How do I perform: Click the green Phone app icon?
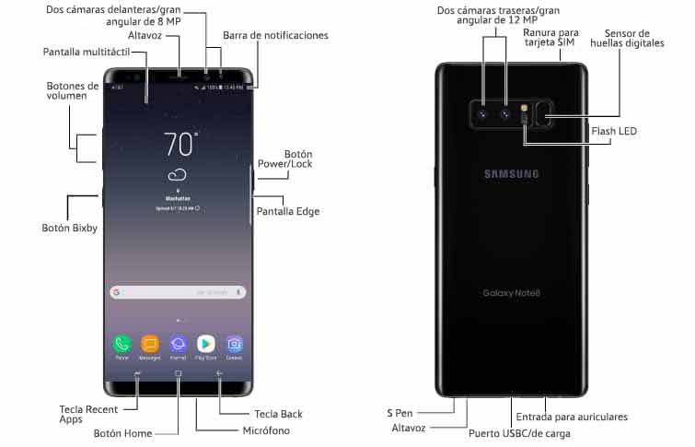click(122, 344)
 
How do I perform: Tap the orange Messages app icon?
click(149, 344)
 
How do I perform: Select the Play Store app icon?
click(206, 344)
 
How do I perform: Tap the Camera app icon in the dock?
click(235, 344)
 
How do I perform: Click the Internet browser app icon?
click(178, 344)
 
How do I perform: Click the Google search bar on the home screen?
click(178, 292)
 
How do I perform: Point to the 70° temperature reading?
click(180, 144)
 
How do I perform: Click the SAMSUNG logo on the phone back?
click(511, 174)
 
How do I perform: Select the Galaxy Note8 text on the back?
click(511, 293)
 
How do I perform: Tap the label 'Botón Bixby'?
click(70, 228)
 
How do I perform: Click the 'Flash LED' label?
click(614, 131)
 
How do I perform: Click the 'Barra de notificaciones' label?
click(275, 36)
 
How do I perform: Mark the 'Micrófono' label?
click(266, 430)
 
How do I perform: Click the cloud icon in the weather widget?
click(178, 175)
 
